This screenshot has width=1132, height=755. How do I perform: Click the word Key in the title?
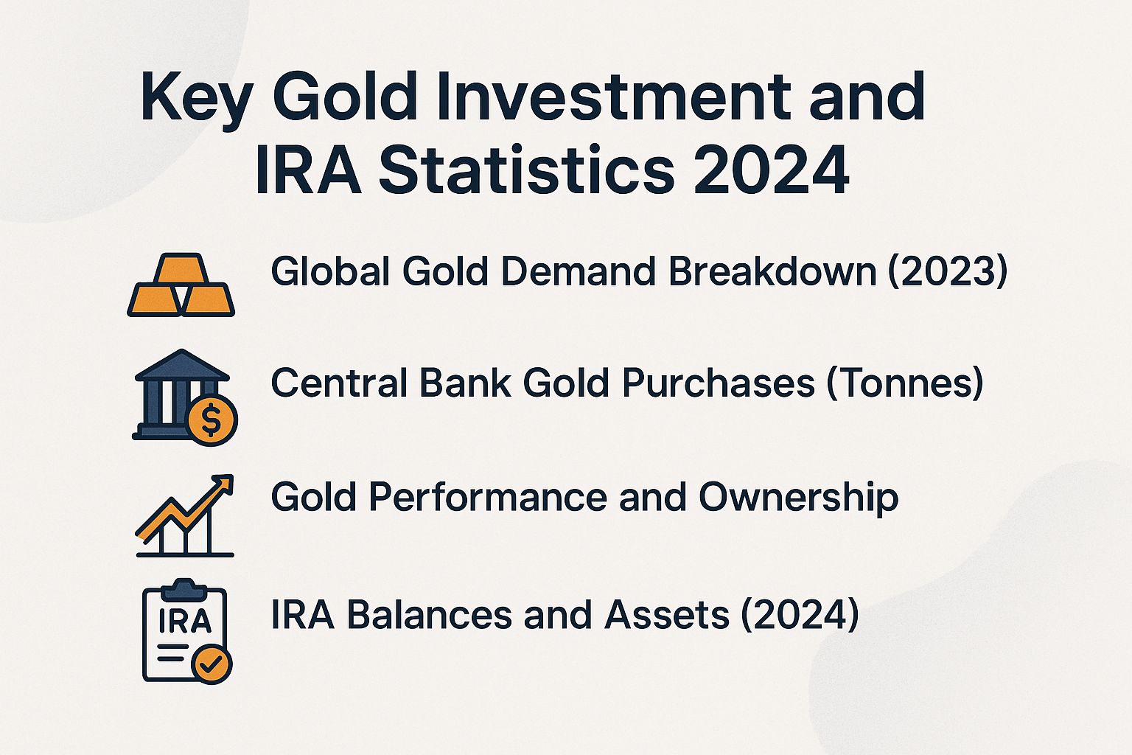pyautogui.click(x=196, y=98)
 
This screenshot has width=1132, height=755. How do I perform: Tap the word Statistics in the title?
pyautogui.click(x=526, y=171)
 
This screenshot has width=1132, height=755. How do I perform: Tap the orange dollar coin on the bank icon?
pyautogui.click(x=212, y=420)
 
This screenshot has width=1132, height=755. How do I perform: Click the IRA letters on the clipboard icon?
pyautogui.click(x=185, y=621)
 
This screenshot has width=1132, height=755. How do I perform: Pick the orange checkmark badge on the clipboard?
pyautogui.click(x=212, y=664)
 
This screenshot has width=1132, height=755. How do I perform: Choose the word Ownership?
pyautogui.click(x=798, y=498)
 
